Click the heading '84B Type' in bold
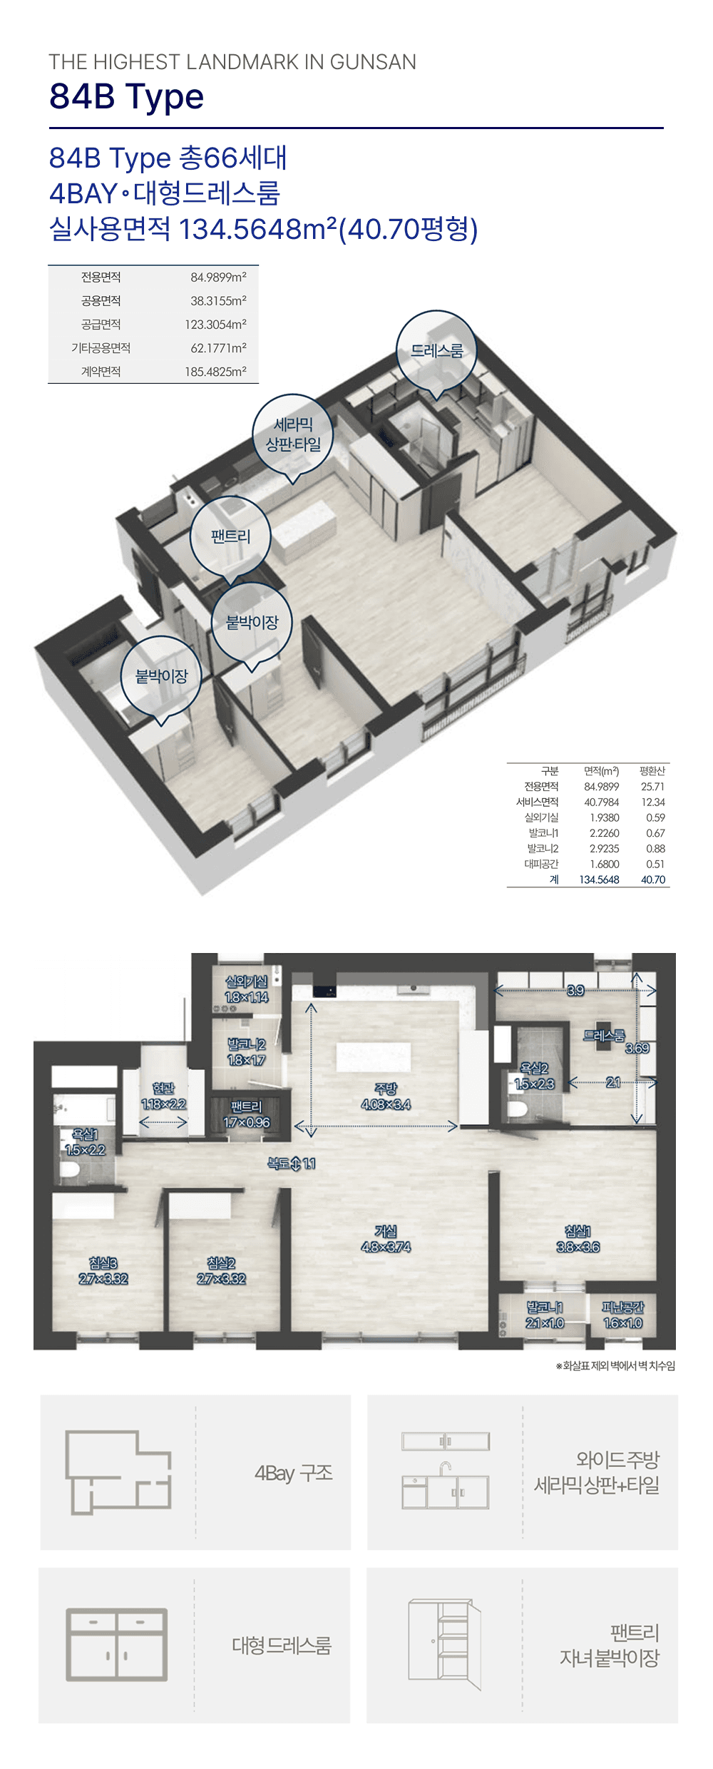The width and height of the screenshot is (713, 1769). click(x=126, y=96)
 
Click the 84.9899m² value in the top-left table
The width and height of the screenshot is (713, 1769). click(x=218, y=277)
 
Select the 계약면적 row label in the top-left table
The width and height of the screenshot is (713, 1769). click(x=101, y=372)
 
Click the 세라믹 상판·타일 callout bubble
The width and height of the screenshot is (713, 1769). click(x=293, y=435)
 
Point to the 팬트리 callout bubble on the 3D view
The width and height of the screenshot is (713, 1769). click(x=230, y=537)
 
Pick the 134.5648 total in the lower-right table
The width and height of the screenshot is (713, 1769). click(x=599, y=880)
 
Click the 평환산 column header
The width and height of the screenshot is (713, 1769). click(x=652, y=771)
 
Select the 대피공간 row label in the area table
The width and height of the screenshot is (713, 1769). click(x=541, y=864)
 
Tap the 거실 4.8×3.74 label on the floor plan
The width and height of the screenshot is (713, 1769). click(x=386, y=1239)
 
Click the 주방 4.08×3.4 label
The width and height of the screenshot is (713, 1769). click(x=386, y=1096)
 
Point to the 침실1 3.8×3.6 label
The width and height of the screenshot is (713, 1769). click(x=578, y=1239)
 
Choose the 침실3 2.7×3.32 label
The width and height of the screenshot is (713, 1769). click(x=103, y=1271)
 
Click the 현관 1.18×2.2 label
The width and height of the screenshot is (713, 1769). click(x=163, y=1096)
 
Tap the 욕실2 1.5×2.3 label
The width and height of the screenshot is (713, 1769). click(x=534, y=1076)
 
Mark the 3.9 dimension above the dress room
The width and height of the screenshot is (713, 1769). click(x=575, y=990)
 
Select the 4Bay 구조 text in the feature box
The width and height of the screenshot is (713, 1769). click(x=294, y=1473)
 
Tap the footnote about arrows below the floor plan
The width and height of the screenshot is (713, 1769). click(x=615, y=1365)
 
